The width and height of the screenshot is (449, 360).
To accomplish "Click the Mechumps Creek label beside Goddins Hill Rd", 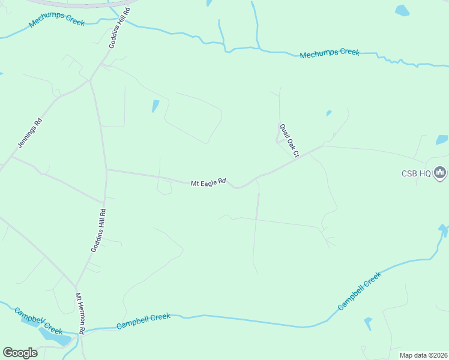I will (57, 20).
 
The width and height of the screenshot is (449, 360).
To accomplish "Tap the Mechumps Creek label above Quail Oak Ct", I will (330, 53).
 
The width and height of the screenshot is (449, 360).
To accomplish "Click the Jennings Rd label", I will (29, 133).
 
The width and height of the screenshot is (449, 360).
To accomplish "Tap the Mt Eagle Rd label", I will (208, 182).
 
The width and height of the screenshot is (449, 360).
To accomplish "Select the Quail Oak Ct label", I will (289, 140).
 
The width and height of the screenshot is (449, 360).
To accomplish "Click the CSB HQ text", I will (417, 173).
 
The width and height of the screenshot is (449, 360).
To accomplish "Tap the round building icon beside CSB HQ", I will (441, 173).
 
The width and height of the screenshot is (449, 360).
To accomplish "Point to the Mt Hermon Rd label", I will (80, 313).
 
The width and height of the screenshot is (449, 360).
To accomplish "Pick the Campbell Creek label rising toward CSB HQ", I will (359, 291).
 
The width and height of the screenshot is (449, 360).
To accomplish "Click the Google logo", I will (20, 352).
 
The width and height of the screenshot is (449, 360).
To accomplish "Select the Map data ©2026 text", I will (423, 355).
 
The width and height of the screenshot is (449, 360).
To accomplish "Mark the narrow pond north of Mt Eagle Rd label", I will (156, 106).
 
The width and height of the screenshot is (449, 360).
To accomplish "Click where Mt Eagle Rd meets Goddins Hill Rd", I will (106, 170).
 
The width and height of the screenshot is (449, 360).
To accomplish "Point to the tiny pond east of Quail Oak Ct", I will (328, 113).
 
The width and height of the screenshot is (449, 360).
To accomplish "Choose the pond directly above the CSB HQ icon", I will (442, 139).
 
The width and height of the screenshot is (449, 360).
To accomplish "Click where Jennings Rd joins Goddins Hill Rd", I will (90, 82).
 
